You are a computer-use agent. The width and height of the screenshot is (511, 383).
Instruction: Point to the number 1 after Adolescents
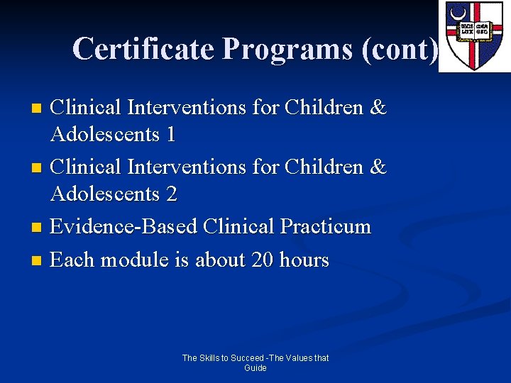click(170, 135)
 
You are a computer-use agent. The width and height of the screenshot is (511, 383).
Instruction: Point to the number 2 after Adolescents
click(171, 194)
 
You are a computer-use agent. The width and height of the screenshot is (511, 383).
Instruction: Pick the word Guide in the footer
click(255, 368)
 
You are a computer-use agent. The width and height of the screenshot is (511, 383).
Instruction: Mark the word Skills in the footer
click(210, 358)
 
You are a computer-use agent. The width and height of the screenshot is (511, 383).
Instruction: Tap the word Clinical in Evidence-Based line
click(238, 227)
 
